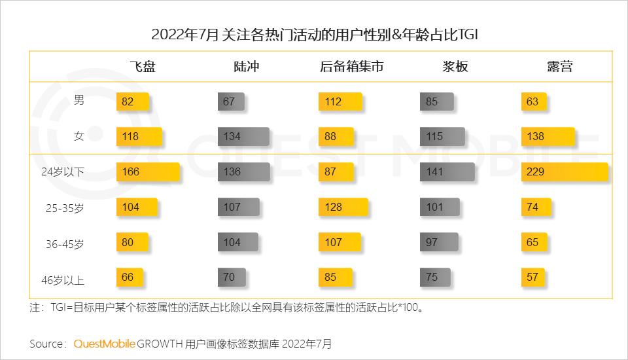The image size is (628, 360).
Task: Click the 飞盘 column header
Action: (x=142, y=66)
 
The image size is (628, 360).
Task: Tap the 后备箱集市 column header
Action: (x=352, y=66)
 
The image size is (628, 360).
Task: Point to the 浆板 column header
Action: (x=455, y=66)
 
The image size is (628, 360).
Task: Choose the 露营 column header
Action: (x=559, y=66)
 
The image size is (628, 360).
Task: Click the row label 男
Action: (x=78, y=101)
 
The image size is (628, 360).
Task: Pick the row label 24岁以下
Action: (x=63, y=172)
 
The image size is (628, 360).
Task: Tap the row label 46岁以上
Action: (x=63, y=280)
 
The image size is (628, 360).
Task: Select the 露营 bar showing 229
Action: (x=565, y=172)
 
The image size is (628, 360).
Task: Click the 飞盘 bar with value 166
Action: (x=147, y=172)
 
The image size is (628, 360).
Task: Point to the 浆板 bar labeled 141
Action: (x=447, y=172)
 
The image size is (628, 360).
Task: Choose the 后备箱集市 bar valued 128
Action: (x=342, y=207)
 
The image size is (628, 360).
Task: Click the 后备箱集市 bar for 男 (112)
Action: (x=340, y=101)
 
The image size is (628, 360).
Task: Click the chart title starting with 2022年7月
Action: (x=314, y=34)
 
